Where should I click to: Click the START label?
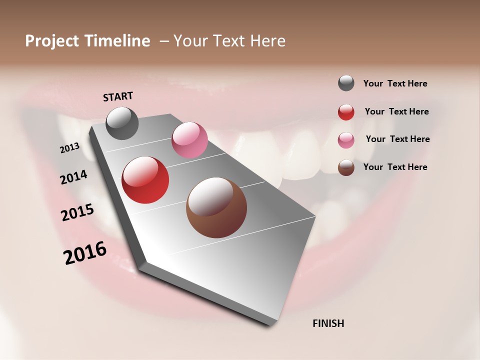click(x=118, y=96)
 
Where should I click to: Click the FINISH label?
click(x=328, y=323)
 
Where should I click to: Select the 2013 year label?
click(x=70, y=147)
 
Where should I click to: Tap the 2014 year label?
click(x=74, y=177)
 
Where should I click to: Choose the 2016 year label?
click(x=85, y=253)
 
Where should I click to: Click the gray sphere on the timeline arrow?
click(x=122, y=123)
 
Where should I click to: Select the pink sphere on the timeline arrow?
click(x=189, y=140)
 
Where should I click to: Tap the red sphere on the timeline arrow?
click(x=145, y=180)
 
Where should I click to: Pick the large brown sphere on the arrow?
click(x=216, y=207)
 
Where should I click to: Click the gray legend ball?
click(x=346, y=83)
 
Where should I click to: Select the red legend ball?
click(x=346, y=112)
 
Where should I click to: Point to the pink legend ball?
click(x=346, y=140)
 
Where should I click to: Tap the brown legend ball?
click(x=346, y=167)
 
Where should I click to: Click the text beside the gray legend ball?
click(x=395, y=83)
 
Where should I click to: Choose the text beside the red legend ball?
click(x=396, y=111)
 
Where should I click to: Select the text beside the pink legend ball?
click(x=397, y=139)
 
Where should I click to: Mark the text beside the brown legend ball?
click(x=395, y=167)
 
